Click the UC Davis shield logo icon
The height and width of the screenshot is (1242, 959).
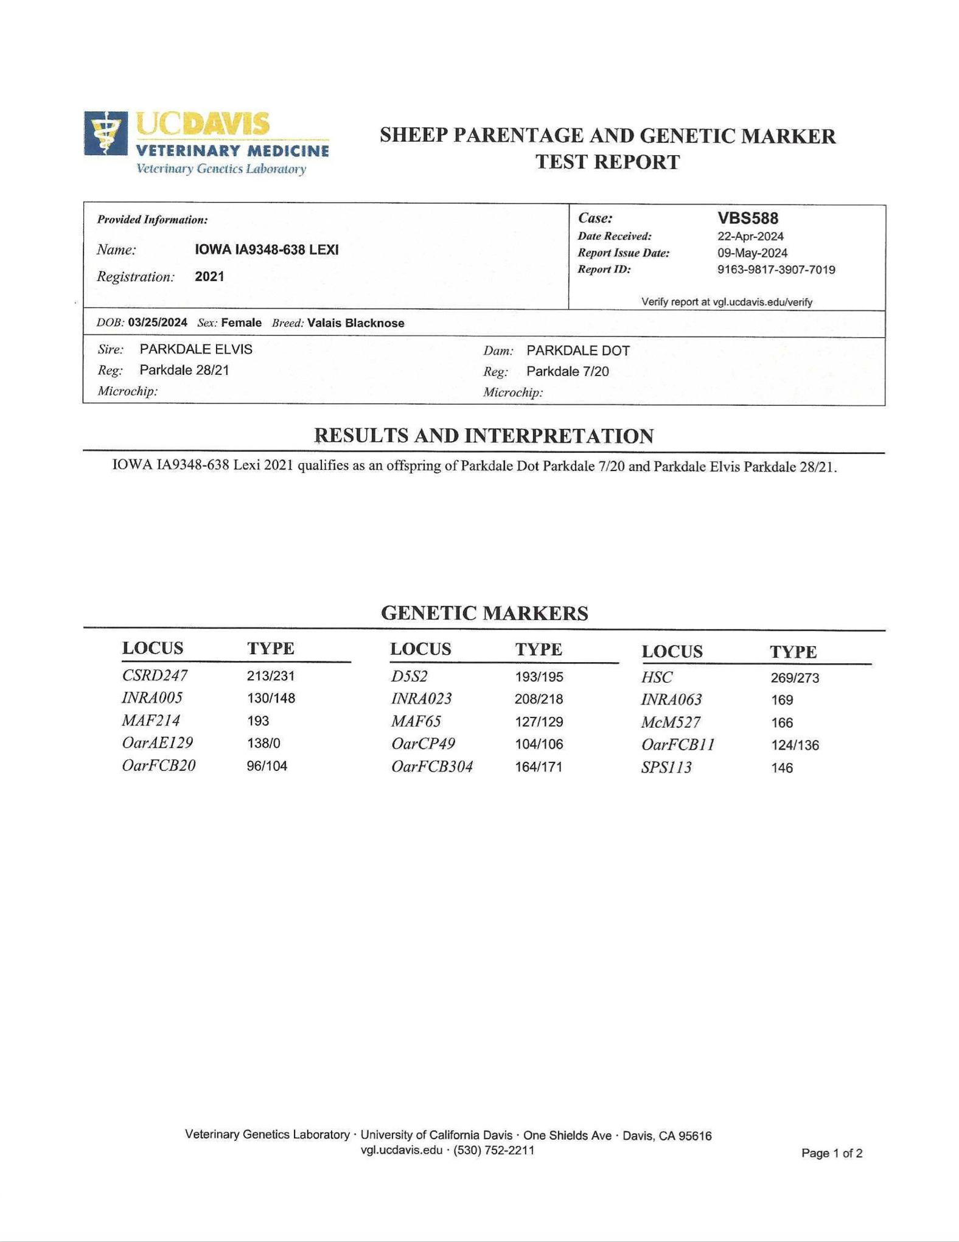[x=106, y=133]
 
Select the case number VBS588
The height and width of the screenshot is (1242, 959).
[x=747, y=218]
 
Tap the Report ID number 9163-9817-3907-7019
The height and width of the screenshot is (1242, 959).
[x=776, y=270]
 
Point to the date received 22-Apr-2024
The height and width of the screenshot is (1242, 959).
[x=750, y=236]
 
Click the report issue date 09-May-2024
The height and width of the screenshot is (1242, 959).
[x=752, y=253]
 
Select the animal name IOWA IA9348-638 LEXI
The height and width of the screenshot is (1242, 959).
[x=267, y=249]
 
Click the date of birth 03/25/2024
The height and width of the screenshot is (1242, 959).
[x=158, y=323]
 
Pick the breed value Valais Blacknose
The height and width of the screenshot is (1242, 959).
[x=355, y=323]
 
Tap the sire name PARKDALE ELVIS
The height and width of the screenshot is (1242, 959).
[x=196, y=349]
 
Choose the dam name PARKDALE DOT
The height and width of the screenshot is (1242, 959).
[x=578, y=351]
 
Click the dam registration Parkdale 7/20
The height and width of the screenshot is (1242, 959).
[x=567, y=371]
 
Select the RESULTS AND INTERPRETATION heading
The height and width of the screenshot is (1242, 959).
[x=484, y=436]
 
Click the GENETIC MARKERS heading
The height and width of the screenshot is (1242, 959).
[x=484, y=613]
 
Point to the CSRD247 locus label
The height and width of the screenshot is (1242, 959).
[x=155, y=675]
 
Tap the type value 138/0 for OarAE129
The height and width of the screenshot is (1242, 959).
[x=263, y=743]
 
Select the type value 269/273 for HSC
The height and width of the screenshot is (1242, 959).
[x=795, y=678]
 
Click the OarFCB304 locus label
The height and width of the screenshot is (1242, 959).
[x=432, y=767]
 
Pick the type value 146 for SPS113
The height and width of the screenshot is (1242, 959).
[x=782, y=768]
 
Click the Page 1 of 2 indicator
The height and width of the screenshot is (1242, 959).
[x=832, y=1153]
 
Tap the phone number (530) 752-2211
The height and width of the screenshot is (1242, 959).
[x=493, y=1150]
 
